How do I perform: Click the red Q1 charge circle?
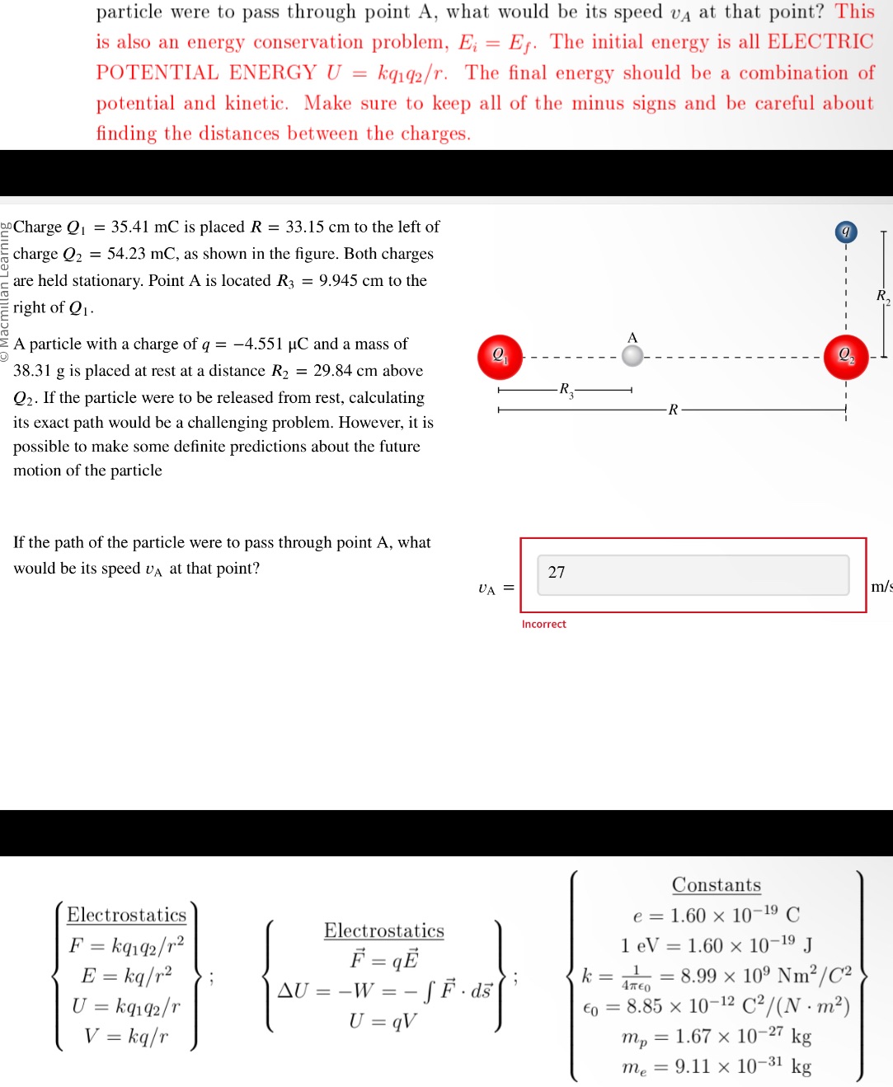pyautogui.click(x=501, y=357)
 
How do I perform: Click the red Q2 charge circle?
pyautogui.click(x=846, y=357)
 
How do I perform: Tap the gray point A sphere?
pyautogui.click(x=632, y=356)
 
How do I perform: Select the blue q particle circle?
pyautogui.click(x=845, y=232)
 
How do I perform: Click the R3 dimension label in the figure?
pyautogui.click(x=566, y=390)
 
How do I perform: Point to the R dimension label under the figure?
pyautogui.click(x=673, y=410)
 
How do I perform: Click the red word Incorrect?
pyautogui.click(x=543, y=625)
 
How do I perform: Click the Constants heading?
pyautogui.click(x=716, y=885)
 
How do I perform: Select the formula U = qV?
pyautogui.click(x=383, y=1022)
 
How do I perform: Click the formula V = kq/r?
pyautogui.click(x=126, y=1036)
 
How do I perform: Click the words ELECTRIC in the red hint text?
pyautogui.click(x=820, y=42)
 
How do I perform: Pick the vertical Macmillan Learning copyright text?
pyautogui.click(x=5, y=293)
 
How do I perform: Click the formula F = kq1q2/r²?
pyautogui.click(x=126, y=945)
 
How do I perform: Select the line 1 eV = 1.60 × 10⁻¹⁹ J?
pyautogui.click(x=716, y=945)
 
